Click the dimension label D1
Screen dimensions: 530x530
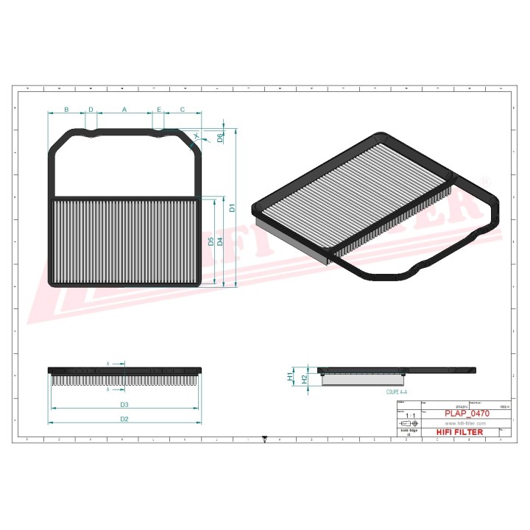[232, 208]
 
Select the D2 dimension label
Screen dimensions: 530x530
[124, 419]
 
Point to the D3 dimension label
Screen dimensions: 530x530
[124, 405]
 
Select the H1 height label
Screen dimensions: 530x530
[290, 376]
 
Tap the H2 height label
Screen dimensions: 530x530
[303, 378]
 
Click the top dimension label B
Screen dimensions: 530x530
[66, 110]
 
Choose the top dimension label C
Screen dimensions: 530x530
[183, 110]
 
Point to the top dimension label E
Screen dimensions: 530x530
[158, 110]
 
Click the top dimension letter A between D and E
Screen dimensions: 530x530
[124, 110]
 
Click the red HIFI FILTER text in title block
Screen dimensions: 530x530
[460, 432]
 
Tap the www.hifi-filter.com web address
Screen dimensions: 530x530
[460, 423]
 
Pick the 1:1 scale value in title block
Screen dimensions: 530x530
[410, 417]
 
